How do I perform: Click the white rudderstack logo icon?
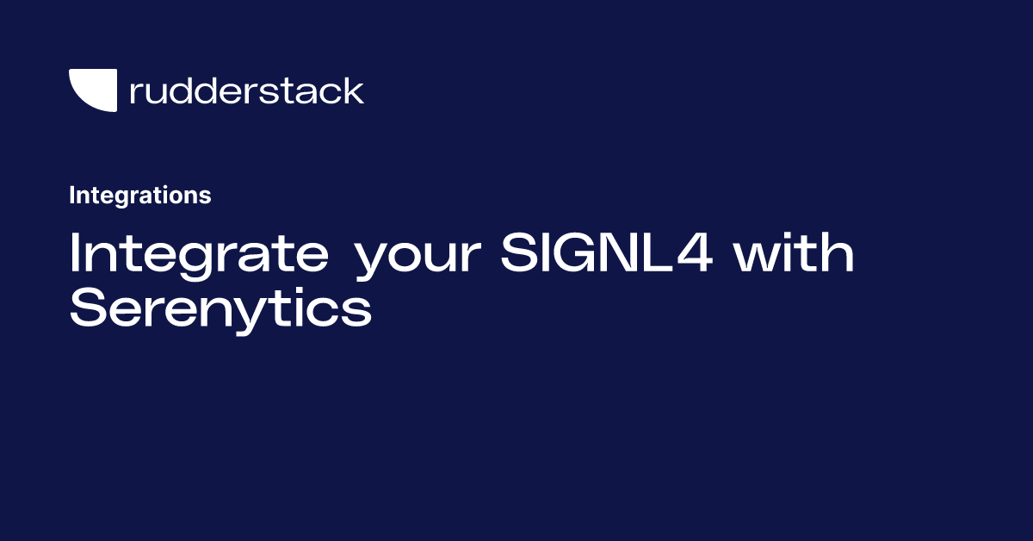point(92,90)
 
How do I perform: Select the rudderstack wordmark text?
point(246,90)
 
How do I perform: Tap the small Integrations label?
point(139,196)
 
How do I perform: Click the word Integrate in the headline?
point(198,254)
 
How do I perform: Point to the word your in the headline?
point(417,258)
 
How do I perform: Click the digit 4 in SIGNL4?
point(695,254)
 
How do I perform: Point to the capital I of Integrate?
point(75,254)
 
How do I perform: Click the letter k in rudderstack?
point(354,90)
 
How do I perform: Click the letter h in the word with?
point(838,254)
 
